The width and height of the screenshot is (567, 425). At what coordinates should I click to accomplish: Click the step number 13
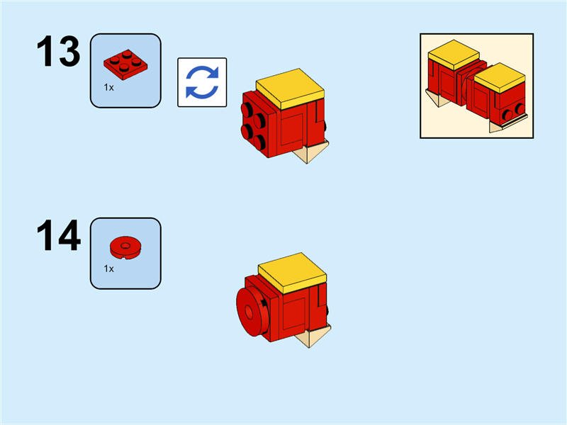pos(59,52)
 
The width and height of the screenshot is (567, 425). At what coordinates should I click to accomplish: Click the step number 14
pos(59,237)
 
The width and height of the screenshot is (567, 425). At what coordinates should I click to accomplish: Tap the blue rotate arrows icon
pos(202,82)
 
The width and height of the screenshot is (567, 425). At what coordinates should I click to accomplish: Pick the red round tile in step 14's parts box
pos(125,247)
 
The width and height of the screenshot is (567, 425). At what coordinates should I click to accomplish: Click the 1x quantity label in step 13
pos(109,88)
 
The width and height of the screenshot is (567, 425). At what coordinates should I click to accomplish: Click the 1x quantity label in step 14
pos(109,269)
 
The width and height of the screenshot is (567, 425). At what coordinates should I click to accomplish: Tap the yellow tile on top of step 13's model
pos(289,86)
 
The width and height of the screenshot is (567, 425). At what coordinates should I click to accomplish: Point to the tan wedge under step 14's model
pos(316,336)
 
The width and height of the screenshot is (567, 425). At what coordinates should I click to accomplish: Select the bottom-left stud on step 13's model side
pos(248,130)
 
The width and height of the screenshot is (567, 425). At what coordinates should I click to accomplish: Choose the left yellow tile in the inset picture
pos(454,53)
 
